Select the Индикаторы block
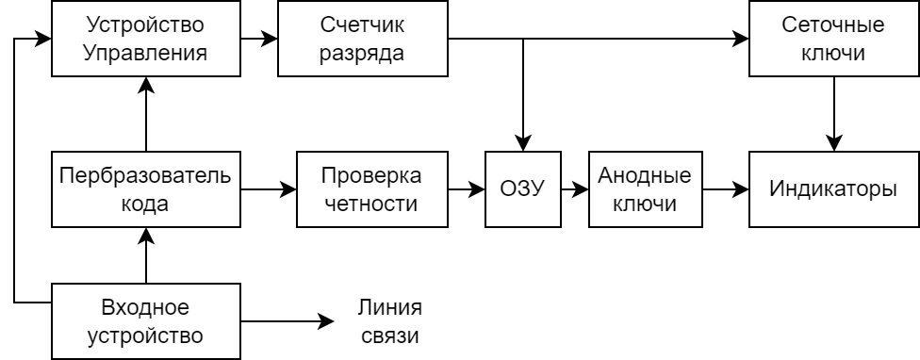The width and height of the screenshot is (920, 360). [x=834, y=189]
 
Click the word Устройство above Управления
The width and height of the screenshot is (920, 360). [x=145, y=23]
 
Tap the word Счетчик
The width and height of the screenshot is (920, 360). [x=362, y=23]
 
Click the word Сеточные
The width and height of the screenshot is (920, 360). [x=833, y=23]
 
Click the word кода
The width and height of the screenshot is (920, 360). [x=145, y=204]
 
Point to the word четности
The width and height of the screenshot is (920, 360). [x=371, y=204]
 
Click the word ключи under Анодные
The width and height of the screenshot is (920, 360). [x=645, y=204]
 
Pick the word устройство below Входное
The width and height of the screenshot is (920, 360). [x=145, y=335]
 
